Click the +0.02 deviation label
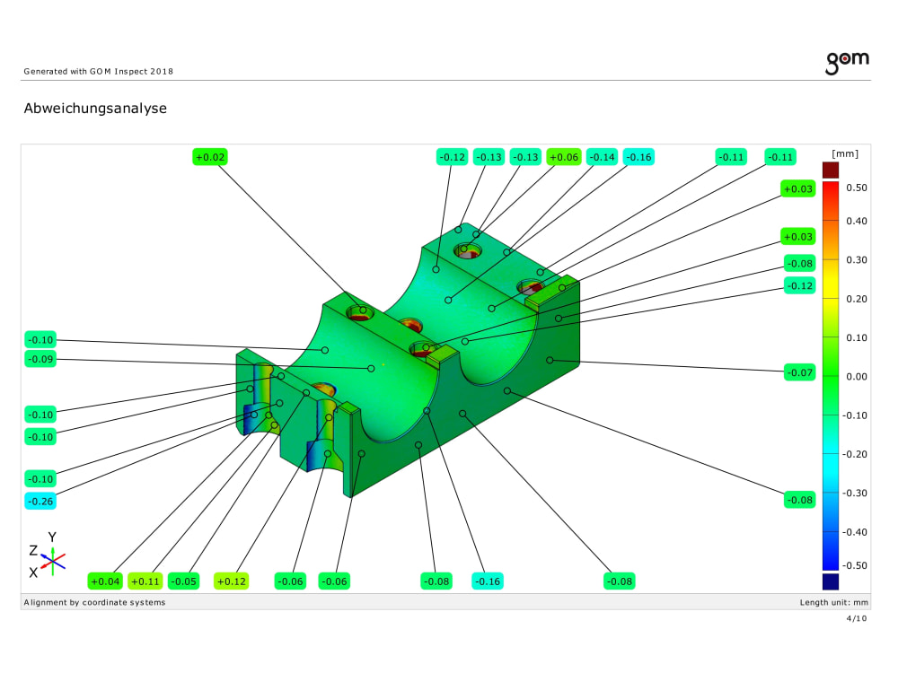point(210,157)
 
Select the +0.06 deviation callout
point(564,157)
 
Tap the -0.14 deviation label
point(602,157)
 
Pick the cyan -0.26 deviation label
point(40,502)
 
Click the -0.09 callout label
point(40,359)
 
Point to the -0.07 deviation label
point(799,372)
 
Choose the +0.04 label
point(105,581)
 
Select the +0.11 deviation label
point(145,581)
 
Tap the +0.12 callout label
point(232,581)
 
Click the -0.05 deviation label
point(184,581)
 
